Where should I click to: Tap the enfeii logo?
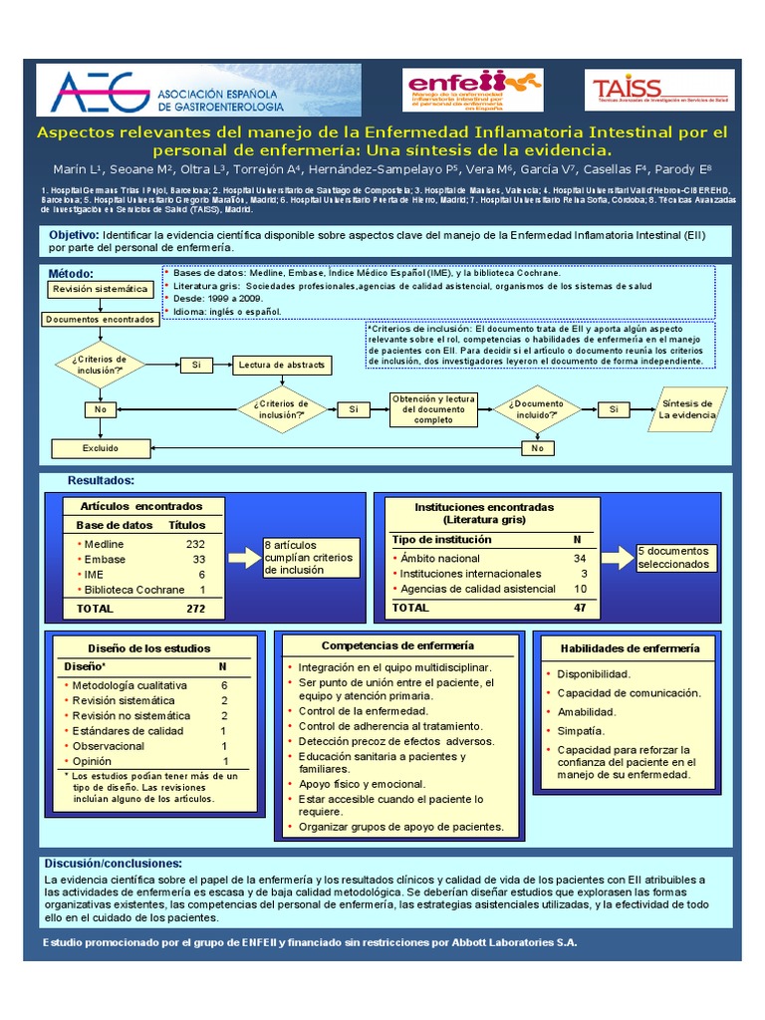point(472,90)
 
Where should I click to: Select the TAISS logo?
point(660,90)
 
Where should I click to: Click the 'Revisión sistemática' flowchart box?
point(100,289)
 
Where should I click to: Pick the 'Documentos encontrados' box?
point(100,319)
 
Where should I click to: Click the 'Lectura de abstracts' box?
point(281,366)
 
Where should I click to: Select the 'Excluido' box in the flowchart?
point(100,448)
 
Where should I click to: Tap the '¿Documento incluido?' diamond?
point(537,409)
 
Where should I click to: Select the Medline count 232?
point(194,544)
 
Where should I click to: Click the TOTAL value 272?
point(194,607)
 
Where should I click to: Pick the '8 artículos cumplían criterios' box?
point(309,557)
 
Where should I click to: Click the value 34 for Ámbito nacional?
point(579,559)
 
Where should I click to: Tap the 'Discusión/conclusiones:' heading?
point(115,863)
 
